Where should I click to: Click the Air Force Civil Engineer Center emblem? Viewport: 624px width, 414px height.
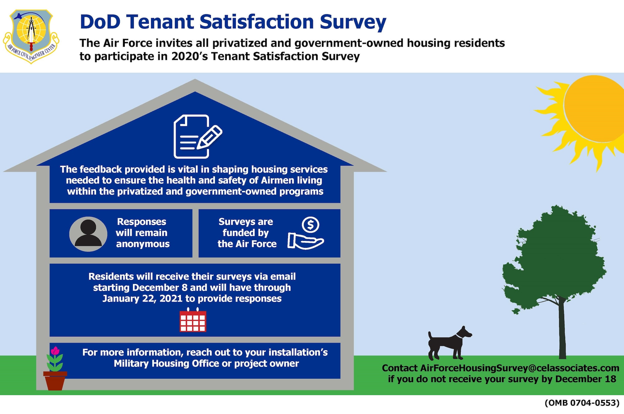(x=31, y=36)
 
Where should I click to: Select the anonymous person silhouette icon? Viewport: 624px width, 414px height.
(x=88, y=234)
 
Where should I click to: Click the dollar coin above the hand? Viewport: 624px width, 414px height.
(x=310, y=225)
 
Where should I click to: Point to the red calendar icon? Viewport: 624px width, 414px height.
(x=193, y=320)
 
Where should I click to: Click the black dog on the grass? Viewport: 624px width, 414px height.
(x=450, y=343)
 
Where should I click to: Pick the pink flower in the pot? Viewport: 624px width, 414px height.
(x=55, y=351)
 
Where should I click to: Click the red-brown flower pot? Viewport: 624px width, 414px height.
(x=55, y=381)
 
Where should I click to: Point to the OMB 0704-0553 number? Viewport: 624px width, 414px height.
(x=582, y=403)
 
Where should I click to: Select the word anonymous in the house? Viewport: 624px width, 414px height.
(x=143, y=244)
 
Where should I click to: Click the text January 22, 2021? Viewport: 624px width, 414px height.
(x=143, y=299)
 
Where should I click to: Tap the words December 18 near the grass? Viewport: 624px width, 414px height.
(x=586, y=379)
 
